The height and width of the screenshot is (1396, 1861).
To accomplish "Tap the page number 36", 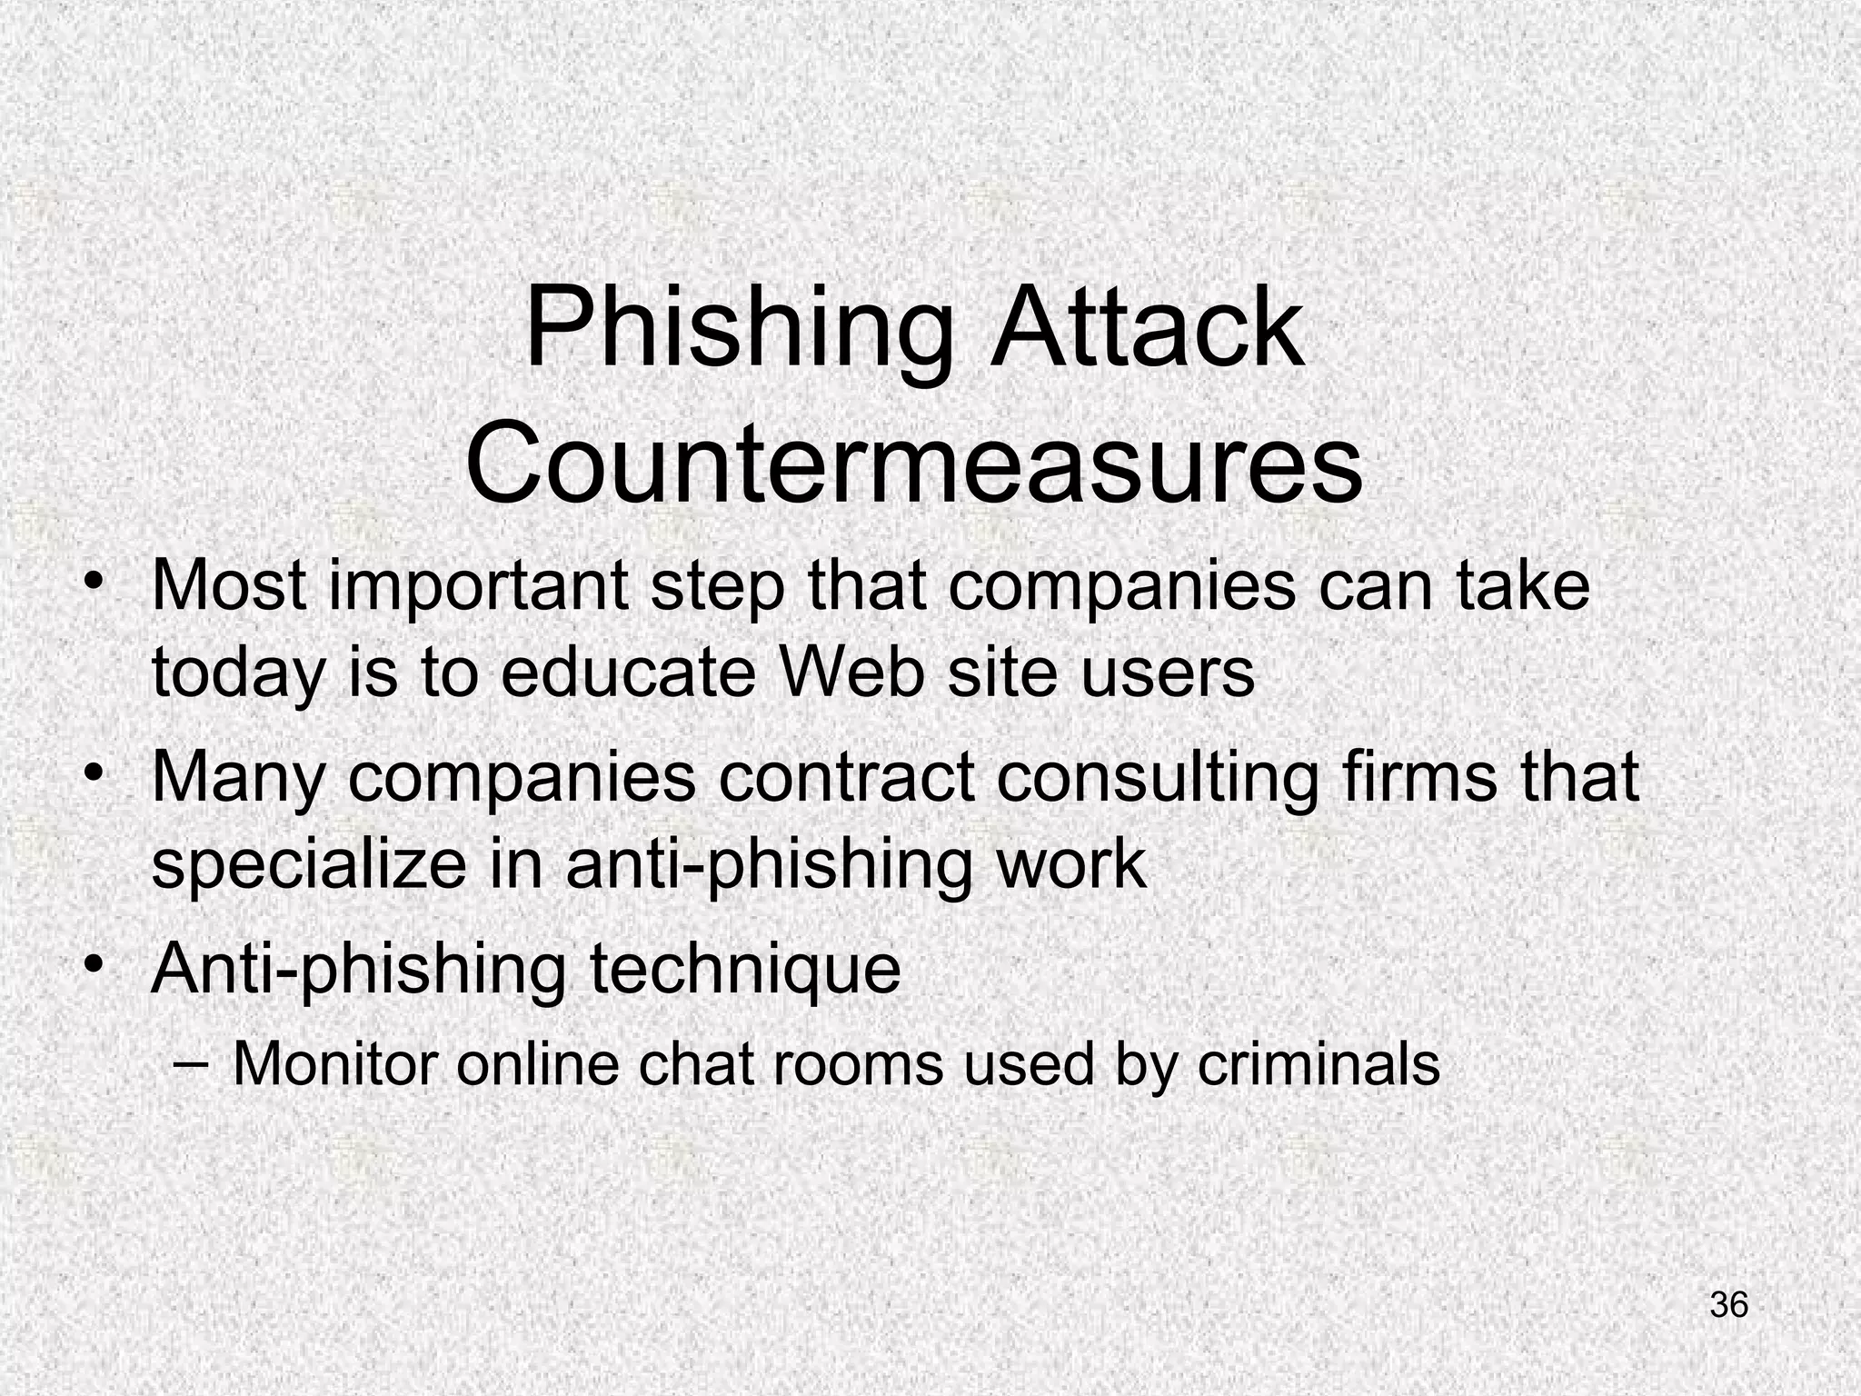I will click(1728, 1304).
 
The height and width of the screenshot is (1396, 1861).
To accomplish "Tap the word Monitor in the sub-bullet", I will click(335, 1062).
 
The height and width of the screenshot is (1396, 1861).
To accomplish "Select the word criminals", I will click(1319, 1062).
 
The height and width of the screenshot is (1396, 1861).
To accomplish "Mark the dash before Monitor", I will click(188, 1062).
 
